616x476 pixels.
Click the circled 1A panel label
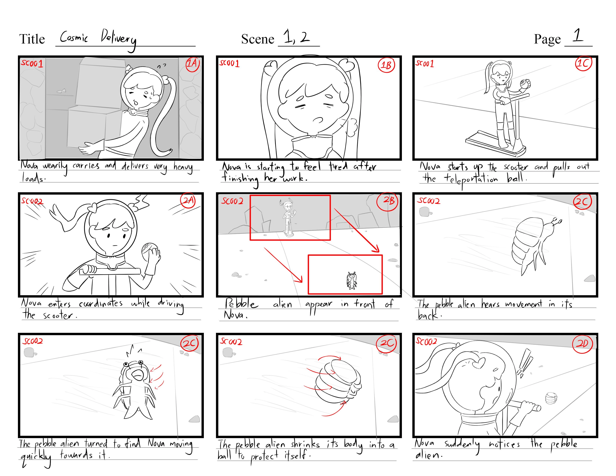coord(193,64)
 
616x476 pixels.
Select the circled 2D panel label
coord(582,343)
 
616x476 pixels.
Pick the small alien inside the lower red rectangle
coord(351,281)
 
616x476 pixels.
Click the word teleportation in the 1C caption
coord(471,179)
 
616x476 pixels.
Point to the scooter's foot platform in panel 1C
coord(495,144)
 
